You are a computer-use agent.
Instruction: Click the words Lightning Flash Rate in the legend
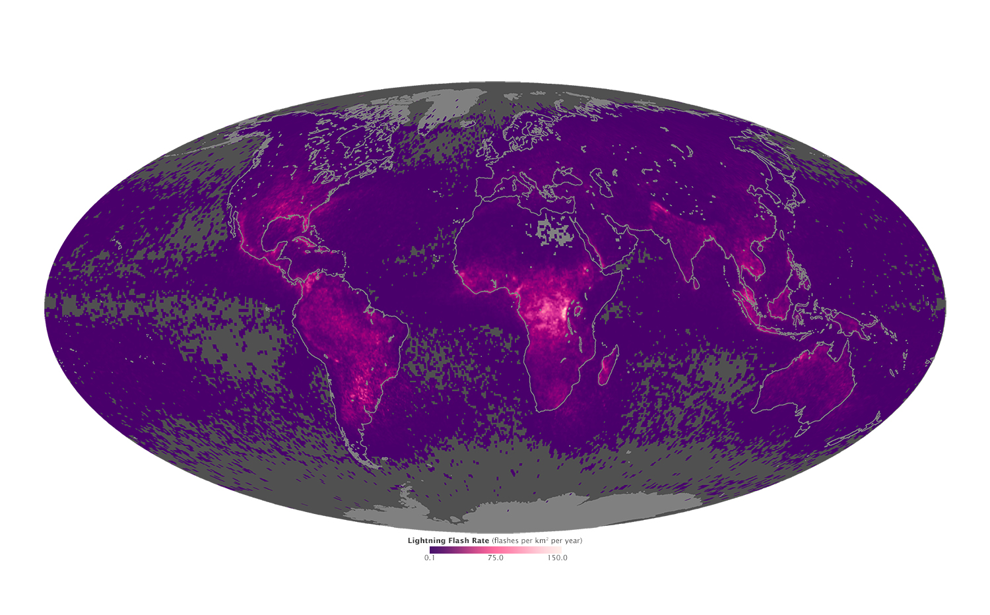click(x=448, y=540)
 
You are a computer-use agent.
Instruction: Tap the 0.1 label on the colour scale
click(x=430, y=558)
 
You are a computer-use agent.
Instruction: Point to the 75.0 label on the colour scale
click(x=496, y=558)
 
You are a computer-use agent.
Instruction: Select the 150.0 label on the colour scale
click(x=557, y=558)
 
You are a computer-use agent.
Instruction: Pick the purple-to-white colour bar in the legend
click(x=496, y=550)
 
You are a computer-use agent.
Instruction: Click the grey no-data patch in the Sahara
click(x=553, y=231)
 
